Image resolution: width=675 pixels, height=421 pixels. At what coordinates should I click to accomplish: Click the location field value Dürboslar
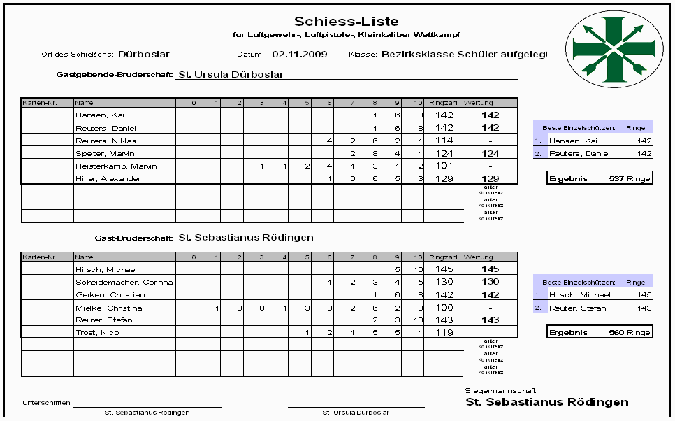tap(144, 54)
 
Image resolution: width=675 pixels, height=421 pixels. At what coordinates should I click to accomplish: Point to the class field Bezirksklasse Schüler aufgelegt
tap(463, 54)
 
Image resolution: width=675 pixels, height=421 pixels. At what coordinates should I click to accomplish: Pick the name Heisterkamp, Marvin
tap(116, 166)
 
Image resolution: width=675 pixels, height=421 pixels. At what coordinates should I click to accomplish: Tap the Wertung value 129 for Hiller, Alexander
tap(490, 179)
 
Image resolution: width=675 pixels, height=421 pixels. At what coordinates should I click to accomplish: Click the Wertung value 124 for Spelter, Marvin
tap(490, 153)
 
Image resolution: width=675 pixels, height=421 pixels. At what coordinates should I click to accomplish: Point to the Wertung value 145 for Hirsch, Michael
tap(490, 269)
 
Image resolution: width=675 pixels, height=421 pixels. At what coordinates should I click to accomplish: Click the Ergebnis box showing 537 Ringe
tap(600, 178)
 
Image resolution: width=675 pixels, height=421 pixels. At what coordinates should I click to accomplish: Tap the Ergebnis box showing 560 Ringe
tap(600, 332)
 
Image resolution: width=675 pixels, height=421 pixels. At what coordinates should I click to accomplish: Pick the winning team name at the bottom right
tap(546, 402)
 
